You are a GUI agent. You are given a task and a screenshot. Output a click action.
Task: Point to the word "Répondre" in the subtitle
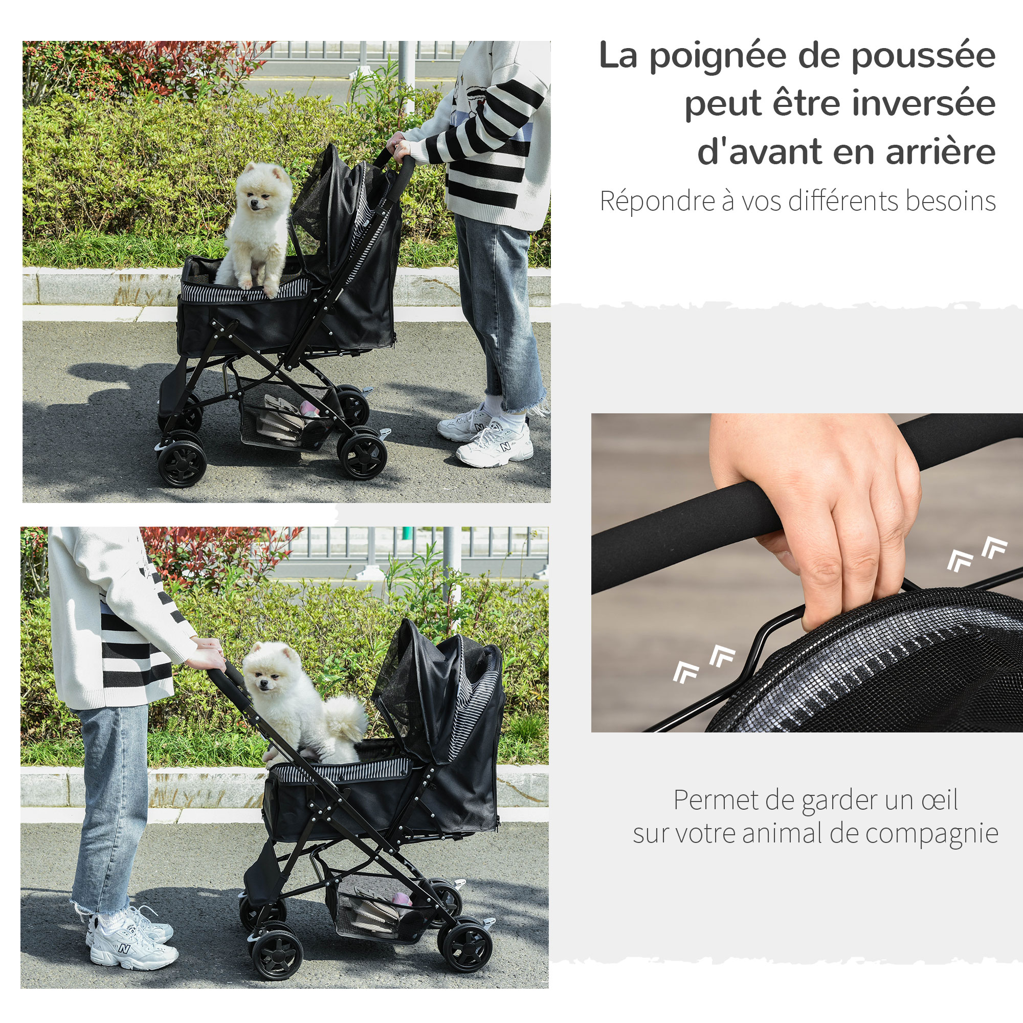coord(657,201)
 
